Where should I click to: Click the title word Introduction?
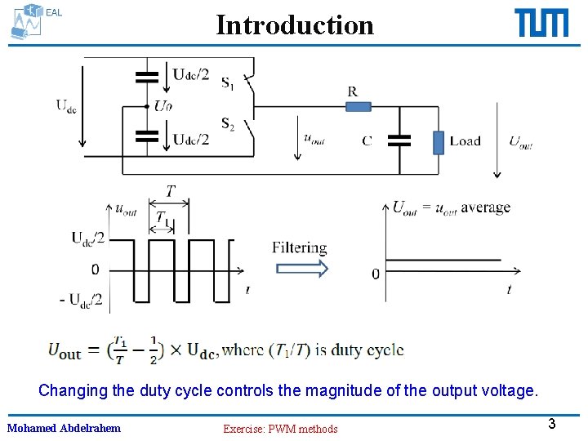295,25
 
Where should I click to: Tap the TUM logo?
541,23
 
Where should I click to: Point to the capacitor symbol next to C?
399,140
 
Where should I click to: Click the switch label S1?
227,82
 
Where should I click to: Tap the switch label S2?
227,124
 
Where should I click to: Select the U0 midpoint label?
163,105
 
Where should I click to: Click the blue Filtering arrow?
300,269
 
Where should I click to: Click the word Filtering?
299,247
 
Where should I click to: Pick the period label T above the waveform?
170,192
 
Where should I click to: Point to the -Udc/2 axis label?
82,300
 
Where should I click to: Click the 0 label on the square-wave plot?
96,269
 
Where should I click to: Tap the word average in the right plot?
485,207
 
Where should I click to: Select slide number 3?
552,424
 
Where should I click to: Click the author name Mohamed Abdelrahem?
64,428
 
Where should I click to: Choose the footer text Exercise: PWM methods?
280,429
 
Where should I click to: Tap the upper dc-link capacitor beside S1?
147,78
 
